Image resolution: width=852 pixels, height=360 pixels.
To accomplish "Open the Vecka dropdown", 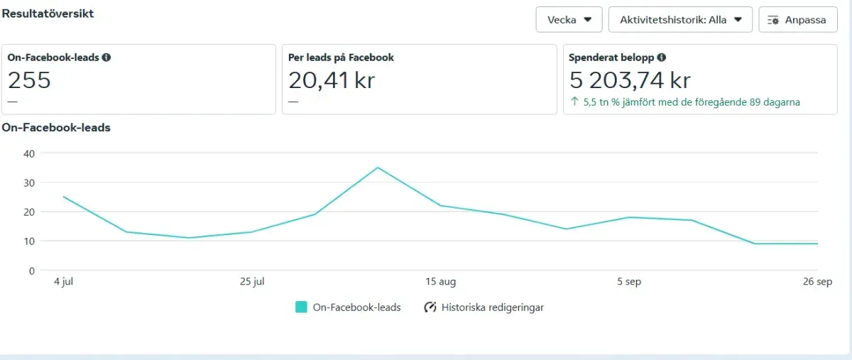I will (x=569, y=20).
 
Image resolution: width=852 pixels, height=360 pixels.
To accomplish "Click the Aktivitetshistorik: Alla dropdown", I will (x=680, y=20).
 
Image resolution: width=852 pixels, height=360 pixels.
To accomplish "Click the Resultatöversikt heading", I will (x=48, y=13).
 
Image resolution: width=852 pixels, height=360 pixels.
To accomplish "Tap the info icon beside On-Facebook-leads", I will (x=106, y=58).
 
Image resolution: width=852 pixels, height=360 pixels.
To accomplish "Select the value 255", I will (x=29, y=80).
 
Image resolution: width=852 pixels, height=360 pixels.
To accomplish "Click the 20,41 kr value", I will (x=332, y=80).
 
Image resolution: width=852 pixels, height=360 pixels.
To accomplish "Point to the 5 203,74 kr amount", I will (x=630, y=80).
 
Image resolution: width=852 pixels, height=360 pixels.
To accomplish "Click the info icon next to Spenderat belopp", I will (x=661, y=58).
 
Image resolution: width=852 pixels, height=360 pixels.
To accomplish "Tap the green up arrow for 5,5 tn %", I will (x=575, y=102).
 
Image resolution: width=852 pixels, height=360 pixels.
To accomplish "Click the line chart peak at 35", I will (x=378, y=168).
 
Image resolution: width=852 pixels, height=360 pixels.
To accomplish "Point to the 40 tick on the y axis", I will (x=29, y=153).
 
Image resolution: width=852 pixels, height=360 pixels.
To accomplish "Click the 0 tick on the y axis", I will (x=32, y=271).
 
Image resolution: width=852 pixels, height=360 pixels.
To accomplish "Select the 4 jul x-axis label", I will (x=64, y=282).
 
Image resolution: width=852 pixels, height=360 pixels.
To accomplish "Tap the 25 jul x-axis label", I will (x=252, y=282).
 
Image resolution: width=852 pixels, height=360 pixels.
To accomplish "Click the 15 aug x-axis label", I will (x=441, y=282).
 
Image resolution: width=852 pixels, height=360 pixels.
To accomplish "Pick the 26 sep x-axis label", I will (x=818, y=282).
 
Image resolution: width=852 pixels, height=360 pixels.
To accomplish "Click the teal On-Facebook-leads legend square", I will (x=301, y=307).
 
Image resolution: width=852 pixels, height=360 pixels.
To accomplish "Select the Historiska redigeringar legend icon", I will (x=430, y=307).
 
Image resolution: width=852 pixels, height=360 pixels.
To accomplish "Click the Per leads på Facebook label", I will (x=341, y=58).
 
